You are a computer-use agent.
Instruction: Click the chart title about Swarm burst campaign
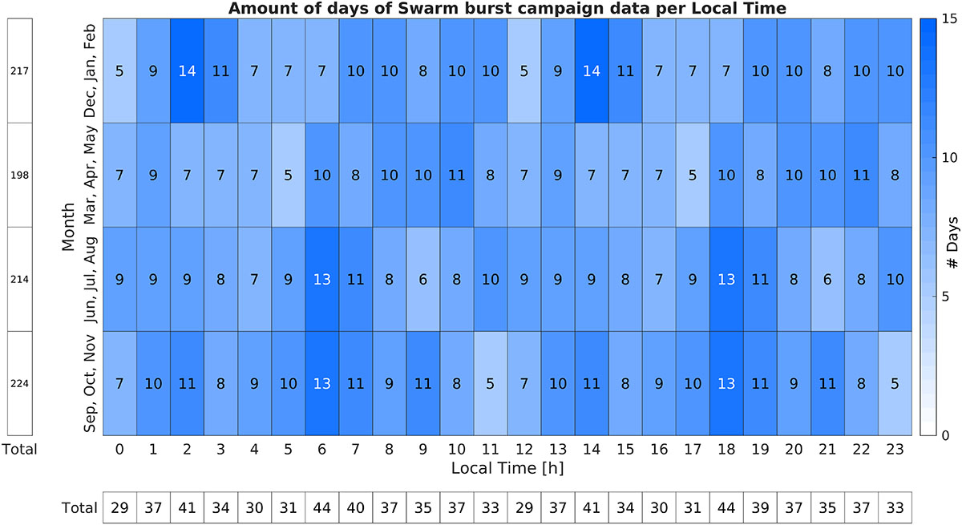(x=507, y=9)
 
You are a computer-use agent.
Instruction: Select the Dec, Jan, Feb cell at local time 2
(x=186, y=71)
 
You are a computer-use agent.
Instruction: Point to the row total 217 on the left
(x=19, y=71)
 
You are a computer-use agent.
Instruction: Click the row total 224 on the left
(x=19, y=382)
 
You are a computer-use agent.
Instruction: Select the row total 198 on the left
(x=19, y=175)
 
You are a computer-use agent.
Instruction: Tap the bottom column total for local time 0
(x=118, y=507)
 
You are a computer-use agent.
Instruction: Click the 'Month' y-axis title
(x=69, y=227)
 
